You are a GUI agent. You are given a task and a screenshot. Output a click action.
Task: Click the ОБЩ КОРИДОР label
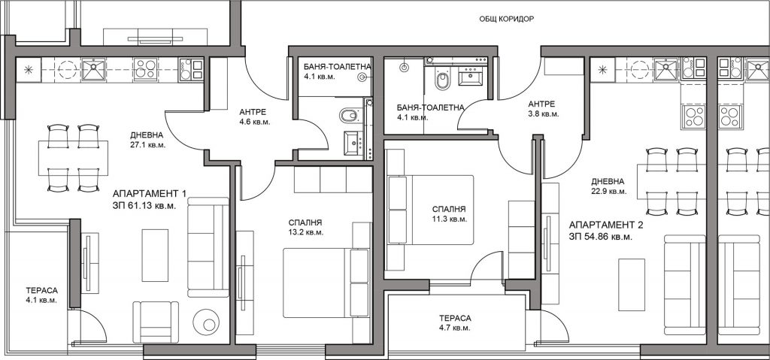[506, 19]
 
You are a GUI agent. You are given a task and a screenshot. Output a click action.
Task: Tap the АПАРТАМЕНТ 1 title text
[150, 193]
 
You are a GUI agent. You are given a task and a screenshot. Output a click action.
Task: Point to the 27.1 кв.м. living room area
[148, 145]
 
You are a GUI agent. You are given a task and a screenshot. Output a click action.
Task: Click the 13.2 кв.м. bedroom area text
[306, 232]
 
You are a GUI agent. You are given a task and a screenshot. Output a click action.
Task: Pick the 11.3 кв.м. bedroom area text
[446, 219]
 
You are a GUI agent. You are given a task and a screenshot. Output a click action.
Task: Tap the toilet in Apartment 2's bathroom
[442, 77]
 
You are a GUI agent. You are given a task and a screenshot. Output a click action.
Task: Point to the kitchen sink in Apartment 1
[93, 69]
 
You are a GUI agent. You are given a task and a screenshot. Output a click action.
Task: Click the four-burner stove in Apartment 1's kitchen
[145, 69]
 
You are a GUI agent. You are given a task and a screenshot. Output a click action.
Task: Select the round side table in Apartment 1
[205, 322]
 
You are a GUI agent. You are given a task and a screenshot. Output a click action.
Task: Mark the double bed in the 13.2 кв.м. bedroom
[326, 283]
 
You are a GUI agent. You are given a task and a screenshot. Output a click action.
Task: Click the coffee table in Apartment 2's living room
[631, 284]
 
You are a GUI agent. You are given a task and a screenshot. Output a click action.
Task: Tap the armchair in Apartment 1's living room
[156, 321]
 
